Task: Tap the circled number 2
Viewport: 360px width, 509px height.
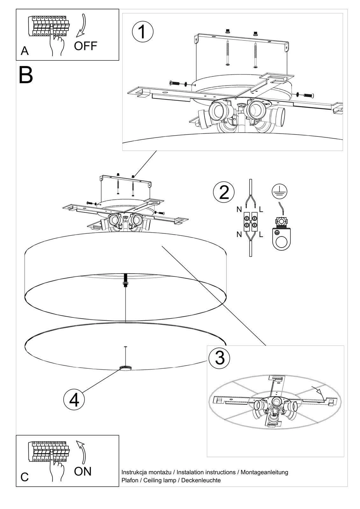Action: [224, 192]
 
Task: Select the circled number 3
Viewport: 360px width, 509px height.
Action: [220, 358]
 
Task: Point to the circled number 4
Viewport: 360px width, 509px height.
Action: [74, 400]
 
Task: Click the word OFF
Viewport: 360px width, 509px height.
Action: [85, 46]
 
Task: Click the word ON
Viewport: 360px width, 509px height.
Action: [82, 471]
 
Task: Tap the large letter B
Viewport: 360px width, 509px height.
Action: [26, 75]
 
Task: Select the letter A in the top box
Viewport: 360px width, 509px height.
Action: [25, 51]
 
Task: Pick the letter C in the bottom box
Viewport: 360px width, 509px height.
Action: [25, 477]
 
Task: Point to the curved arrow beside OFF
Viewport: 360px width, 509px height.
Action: [82, 25]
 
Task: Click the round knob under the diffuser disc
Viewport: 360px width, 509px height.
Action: [125, 368]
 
